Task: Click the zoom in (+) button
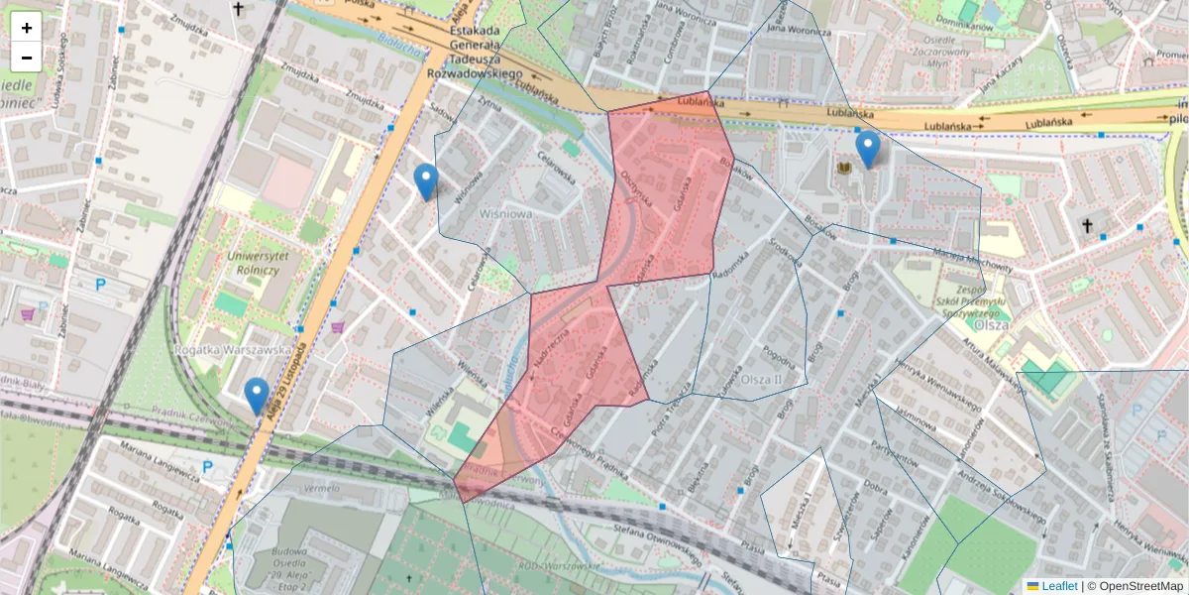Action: coord(27,27)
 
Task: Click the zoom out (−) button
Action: coord(27,57)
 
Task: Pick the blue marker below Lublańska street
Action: coord(868,150)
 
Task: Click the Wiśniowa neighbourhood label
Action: coord(506,213)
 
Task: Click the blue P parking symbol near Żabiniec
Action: coord(100,285)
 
